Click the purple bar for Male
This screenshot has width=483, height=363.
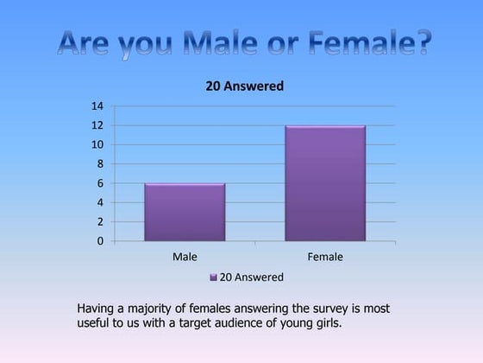(185, 212)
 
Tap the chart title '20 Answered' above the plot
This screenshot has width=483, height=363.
(244, 86)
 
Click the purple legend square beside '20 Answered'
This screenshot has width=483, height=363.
(213, 277)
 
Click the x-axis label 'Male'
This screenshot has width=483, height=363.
(185, 257)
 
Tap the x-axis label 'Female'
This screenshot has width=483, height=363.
(325, 257)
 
